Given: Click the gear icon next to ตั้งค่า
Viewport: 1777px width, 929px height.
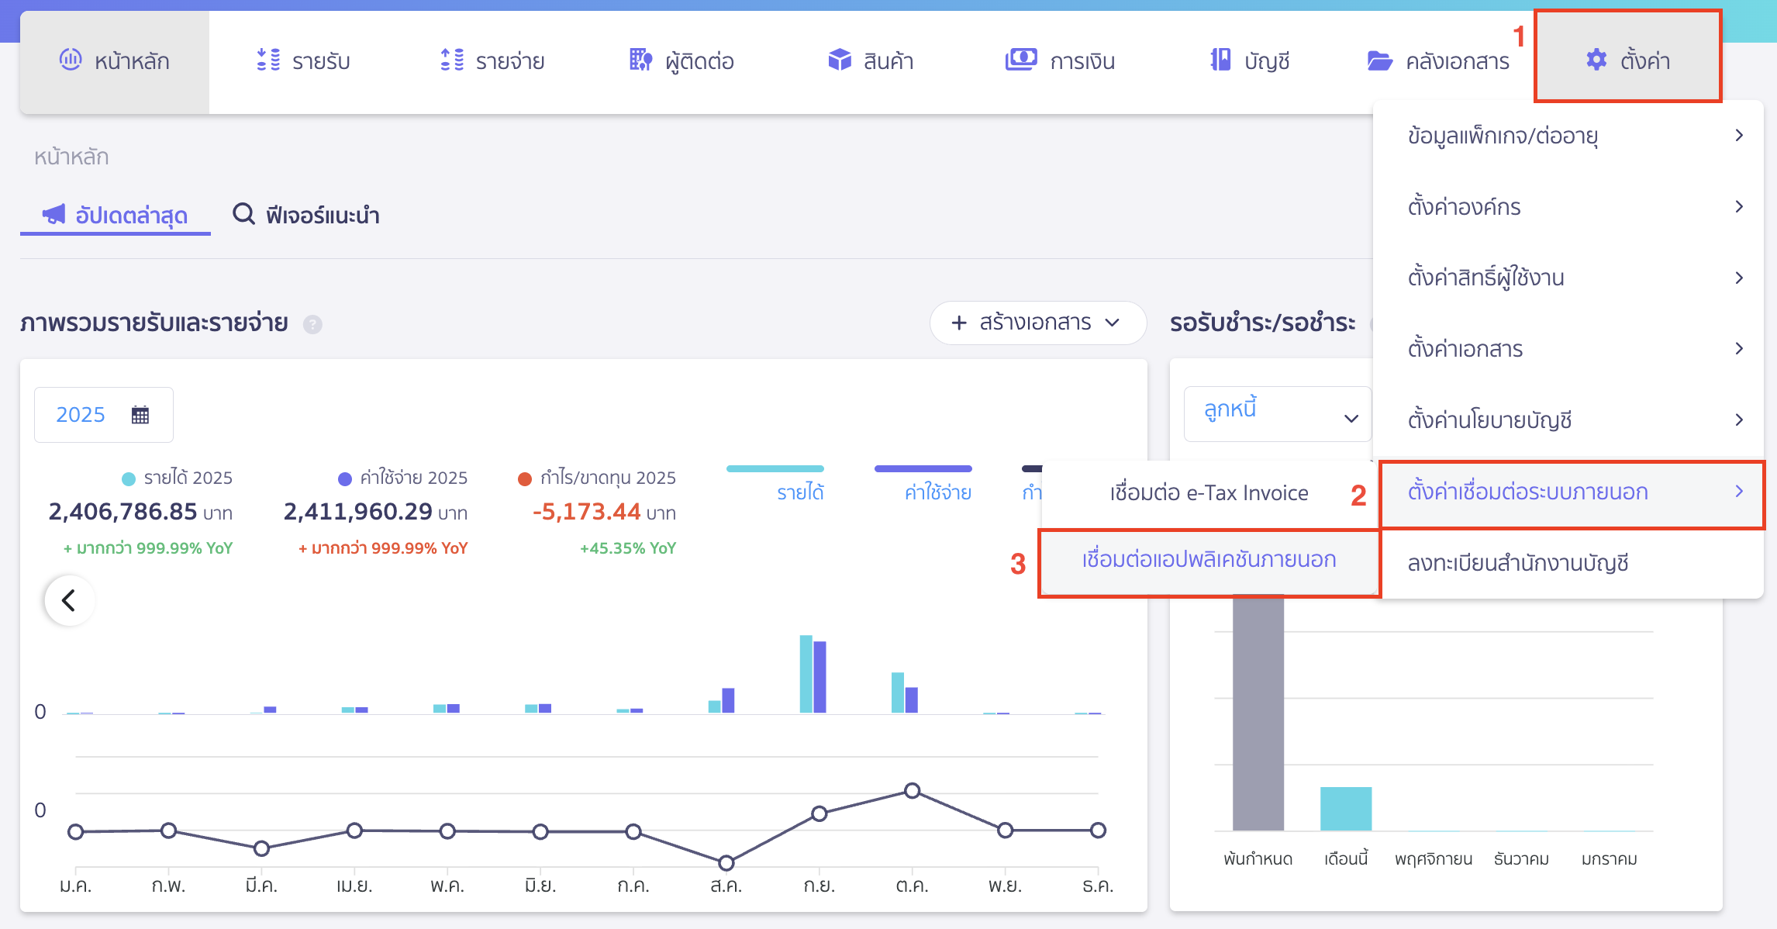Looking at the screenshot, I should (1596, 60).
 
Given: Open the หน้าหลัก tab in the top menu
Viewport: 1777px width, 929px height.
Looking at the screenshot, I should (115, 61).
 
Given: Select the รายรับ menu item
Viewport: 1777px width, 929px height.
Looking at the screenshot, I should (303, 61).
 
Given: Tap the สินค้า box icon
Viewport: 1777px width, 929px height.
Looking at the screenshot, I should (839, 60).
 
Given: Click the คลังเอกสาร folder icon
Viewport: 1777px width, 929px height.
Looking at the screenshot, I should (1379, 60).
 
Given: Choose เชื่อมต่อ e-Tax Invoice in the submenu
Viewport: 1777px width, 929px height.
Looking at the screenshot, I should (1208, 493).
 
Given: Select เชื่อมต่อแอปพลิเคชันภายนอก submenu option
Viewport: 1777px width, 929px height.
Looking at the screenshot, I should (1208, 560).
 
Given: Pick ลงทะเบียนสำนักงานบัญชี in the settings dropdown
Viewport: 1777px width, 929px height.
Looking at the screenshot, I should (1517, 563).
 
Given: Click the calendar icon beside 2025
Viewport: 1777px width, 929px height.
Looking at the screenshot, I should (140, 415).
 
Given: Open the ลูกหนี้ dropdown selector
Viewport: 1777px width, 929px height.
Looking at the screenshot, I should (1278, 414).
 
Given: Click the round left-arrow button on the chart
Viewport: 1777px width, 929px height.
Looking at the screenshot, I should (69, 600).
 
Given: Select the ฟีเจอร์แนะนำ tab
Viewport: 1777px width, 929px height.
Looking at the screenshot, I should (306, 215).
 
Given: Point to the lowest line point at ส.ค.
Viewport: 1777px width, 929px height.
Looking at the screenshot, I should (726, 862).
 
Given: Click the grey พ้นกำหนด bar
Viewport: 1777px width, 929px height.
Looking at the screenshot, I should (1258, 713).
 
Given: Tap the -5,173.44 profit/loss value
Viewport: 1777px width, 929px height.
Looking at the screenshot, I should (586, 512).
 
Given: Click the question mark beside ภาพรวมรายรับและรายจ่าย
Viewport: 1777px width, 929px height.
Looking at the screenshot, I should (312, 324).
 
